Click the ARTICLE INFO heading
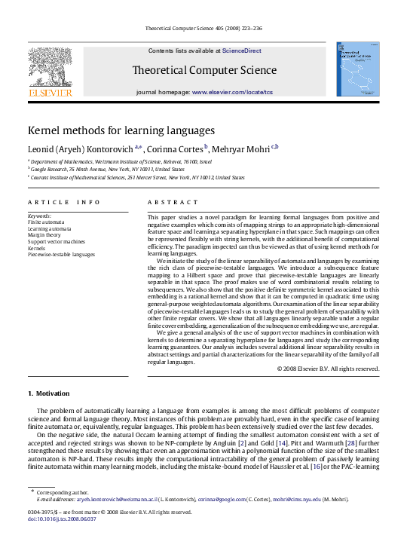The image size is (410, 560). (64, 202)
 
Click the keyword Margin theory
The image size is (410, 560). (45, 234)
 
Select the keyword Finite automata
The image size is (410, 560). (46, 222)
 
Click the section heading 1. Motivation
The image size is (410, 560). (52, 393)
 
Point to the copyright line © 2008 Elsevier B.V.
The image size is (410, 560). (327, 369)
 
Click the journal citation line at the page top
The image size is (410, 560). (204, 29)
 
